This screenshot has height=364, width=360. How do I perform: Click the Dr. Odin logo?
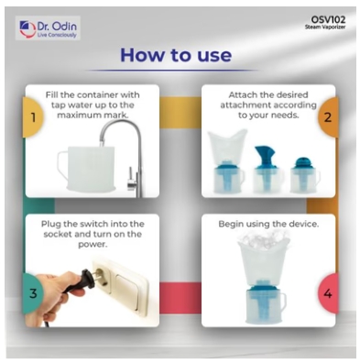coord(48,28)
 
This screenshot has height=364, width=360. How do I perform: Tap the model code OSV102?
coord(328,19)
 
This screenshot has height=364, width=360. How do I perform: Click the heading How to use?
coord(176,55)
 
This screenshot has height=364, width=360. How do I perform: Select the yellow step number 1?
coord(33,117)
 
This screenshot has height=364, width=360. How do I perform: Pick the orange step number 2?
coord(328,117)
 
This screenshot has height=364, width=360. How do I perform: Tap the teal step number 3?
coord(33,293)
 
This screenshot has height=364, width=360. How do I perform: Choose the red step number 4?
coord(328,293)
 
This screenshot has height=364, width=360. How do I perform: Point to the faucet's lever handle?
coord(131,175)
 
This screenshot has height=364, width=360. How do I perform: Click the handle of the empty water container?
coord(62,165)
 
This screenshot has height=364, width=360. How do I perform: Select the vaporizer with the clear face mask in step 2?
coord(226,161)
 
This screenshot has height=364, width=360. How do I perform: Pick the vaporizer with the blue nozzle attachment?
coord(267,170)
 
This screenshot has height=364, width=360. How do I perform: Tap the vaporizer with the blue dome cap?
coord(305,175)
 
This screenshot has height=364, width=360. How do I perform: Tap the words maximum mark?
coord(93,116)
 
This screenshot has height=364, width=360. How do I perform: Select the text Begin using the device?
coord(268,224)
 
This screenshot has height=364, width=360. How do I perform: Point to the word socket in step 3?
coord(58,235)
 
